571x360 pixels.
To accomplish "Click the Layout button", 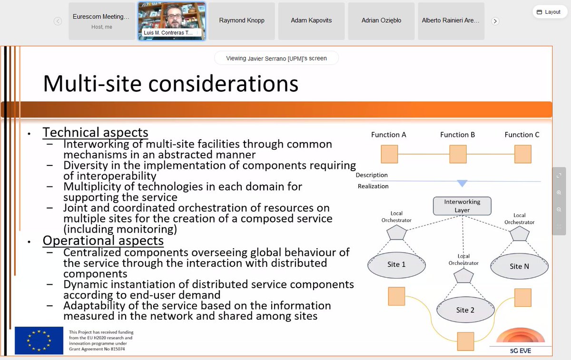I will coord(548,12).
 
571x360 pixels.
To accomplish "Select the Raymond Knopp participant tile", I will coord(242,21).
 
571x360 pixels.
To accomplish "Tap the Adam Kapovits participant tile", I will coord(311,21).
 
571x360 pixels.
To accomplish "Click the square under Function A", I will coord(389,154).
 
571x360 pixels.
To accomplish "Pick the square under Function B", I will coord(458,154).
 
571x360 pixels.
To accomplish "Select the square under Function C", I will coord(522,154).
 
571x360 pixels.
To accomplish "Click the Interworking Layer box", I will coord(462,206).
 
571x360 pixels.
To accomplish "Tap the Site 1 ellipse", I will coord(396,264).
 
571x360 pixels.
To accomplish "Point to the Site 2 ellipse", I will coord(465,310).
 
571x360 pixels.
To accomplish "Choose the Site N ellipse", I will coord(519,266).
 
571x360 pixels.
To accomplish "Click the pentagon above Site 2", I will coord(463,276).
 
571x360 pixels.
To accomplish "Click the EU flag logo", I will coord(39,340).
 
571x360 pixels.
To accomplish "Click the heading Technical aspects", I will coord(95,132).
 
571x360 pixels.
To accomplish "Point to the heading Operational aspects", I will coord(103,241).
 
